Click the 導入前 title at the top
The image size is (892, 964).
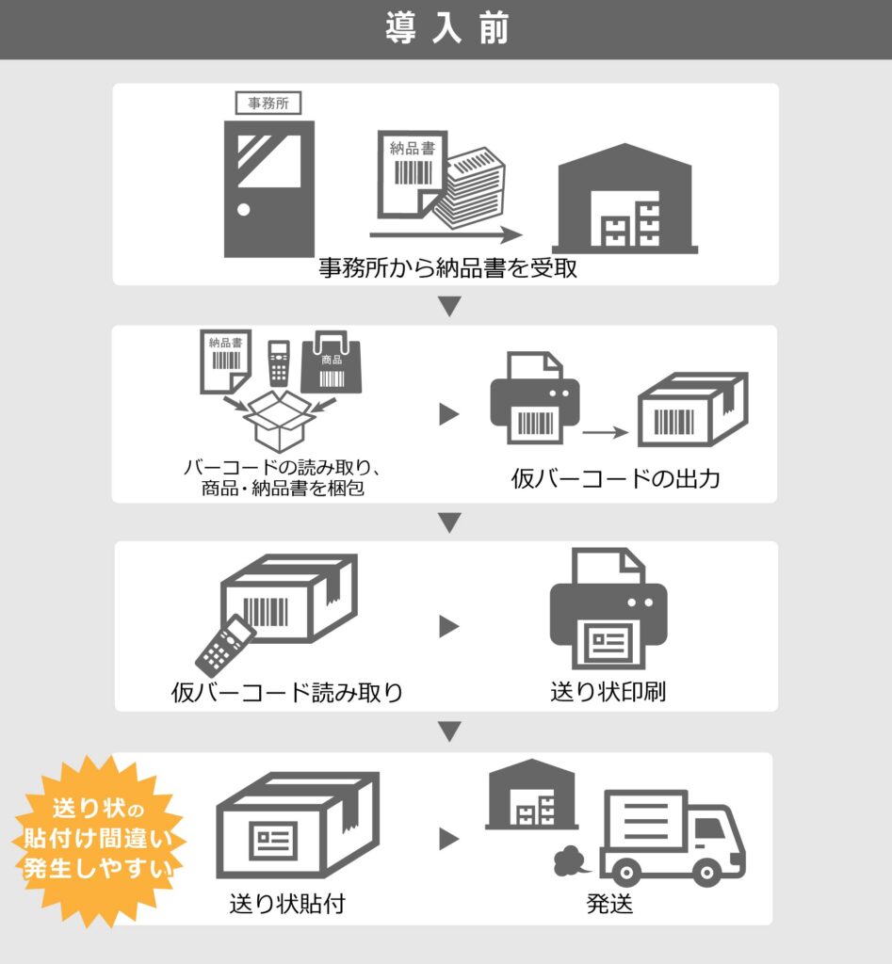(446, 29)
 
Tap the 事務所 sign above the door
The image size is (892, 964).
(268, 104)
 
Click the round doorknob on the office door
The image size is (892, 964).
(244, 209)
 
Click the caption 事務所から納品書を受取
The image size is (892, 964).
(446, 268)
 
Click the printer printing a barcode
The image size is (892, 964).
(534, 399)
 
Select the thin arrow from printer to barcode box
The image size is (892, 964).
(605, 432)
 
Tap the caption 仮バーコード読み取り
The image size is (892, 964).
(287, 693)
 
